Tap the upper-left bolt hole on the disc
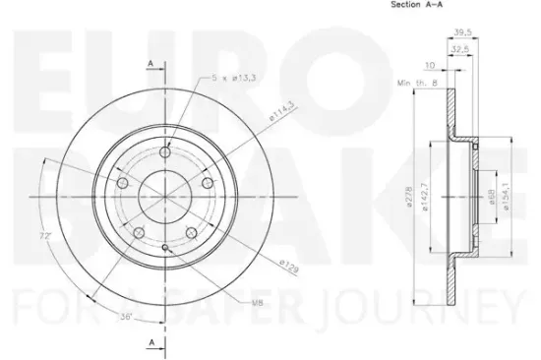[121, 183]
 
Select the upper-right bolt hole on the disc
[207, 182]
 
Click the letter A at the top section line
[150, 64]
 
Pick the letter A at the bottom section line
[150, 341]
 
